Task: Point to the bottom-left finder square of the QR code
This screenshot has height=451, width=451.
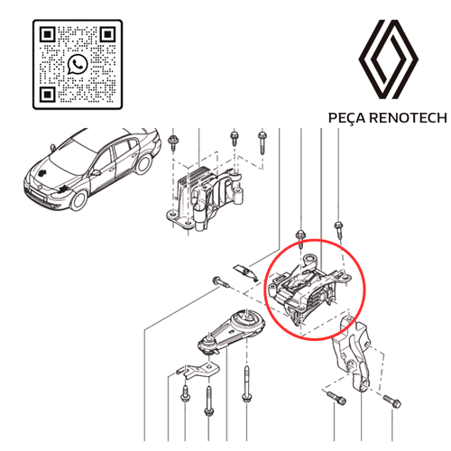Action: click(x=50, y=94)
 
